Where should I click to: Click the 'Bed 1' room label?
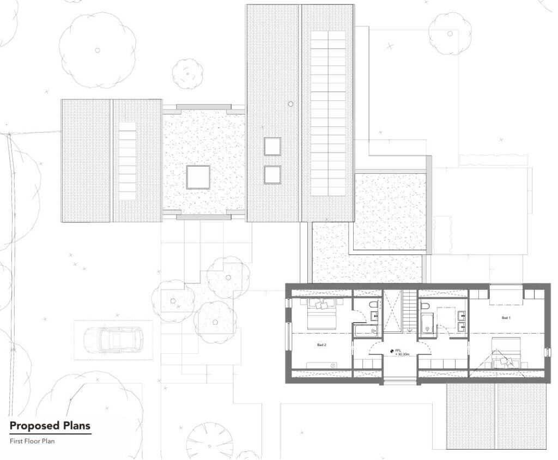506,318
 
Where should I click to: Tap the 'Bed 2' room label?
322,344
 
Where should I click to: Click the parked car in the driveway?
113,340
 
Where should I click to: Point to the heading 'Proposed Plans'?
50,426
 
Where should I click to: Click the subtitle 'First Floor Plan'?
32,441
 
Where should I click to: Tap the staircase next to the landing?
409,311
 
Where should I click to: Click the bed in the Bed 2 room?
322,313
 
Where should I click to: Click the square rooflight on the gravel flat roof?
198,177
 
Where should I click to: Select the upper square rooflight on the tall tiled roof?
272,146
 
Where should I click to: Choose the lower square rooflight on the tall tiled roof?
272,174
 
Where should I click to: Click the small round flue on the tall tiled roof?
291,104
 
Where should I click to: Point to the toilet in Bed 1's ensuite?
424,306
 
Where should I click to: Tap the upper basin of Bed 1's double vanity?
462,314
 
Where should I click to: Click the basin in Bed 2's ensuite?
374,315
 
